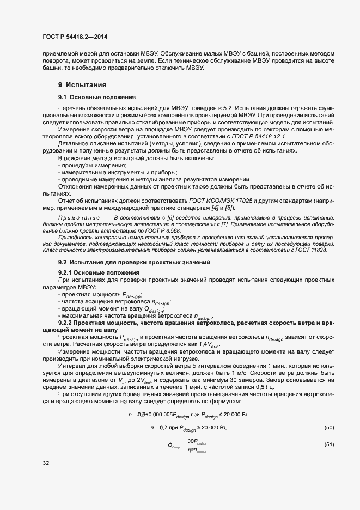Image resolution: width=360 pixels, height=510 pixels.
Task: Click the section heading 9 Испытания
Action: pyautogui.click(x=82, y=86)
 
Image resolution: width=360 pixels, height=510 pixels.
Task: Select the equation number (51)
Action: pyautogui.click(x=328, y=445)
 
